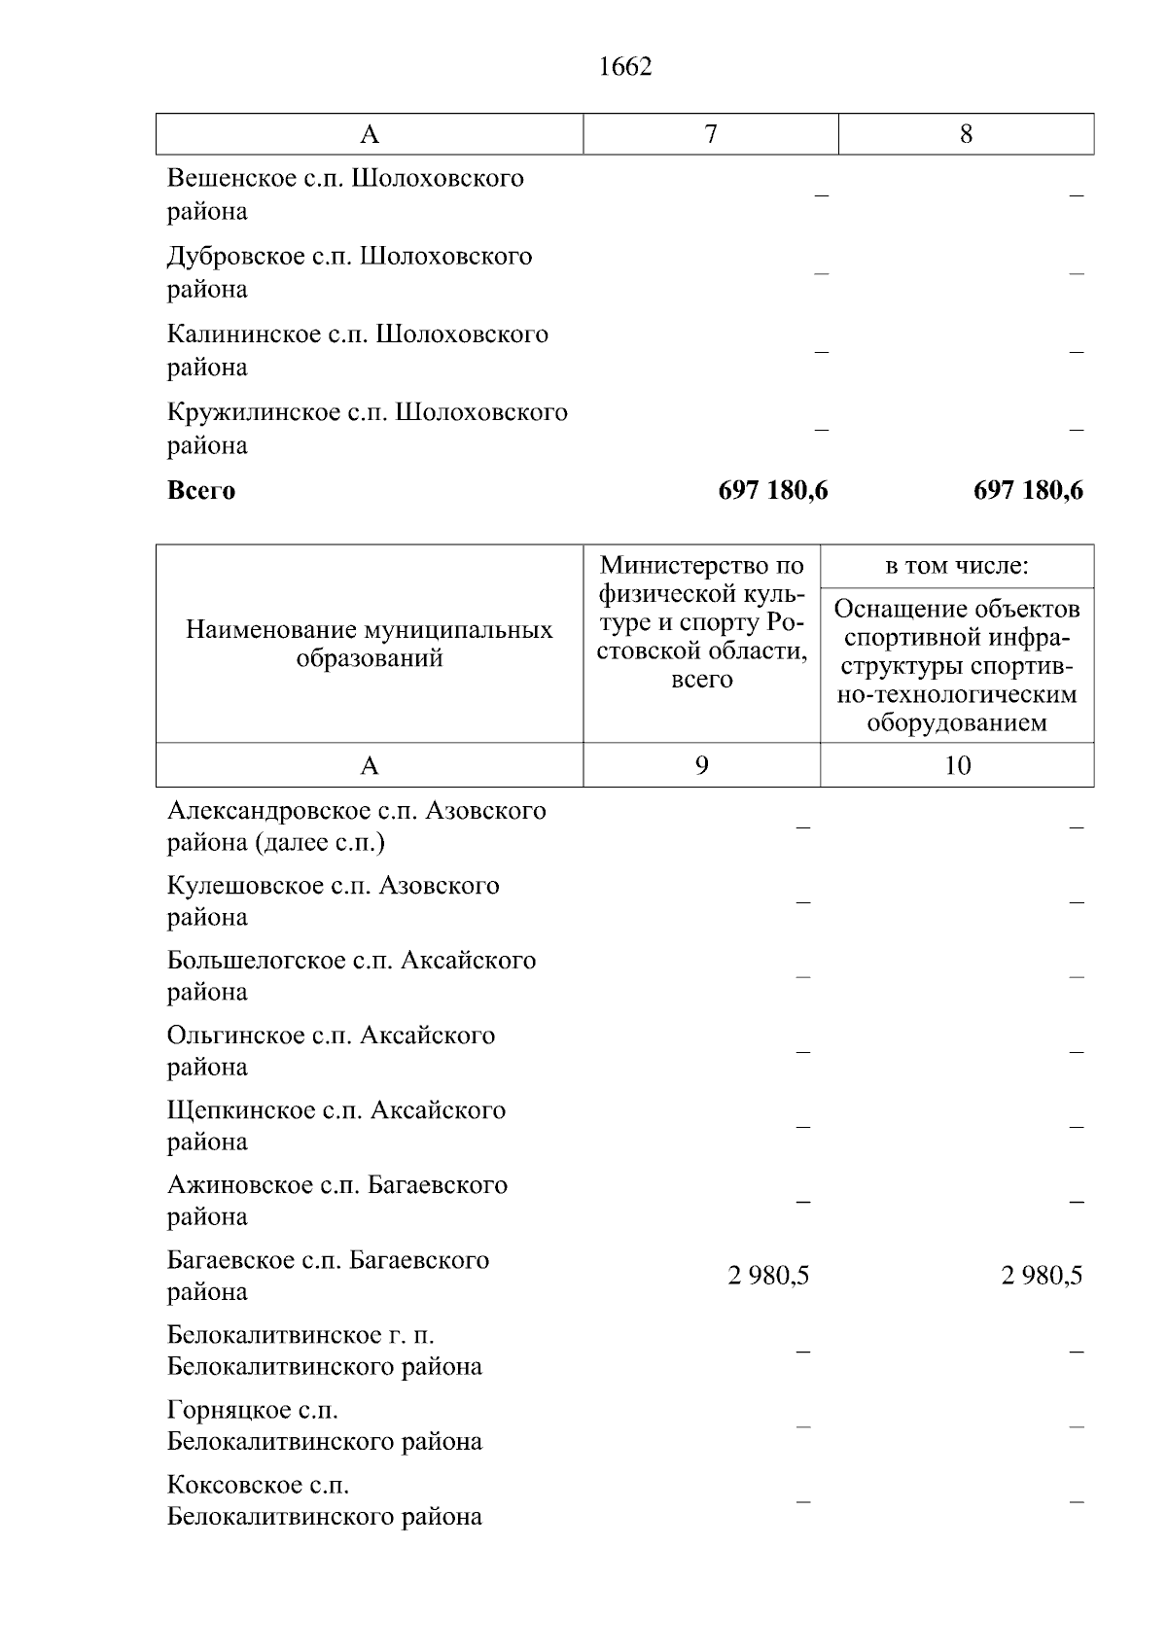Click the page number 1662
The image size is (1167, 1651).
click(625, 67)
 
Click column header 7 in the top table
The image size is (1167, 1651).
click(711, 134)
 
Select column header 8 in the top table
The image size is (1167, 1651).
click(966, 134)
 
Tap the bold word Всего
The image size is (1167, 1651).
click(201, 490)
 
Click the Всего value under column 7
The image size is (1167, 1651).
click(773, 490)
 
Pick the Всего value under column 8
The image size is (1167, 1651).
click(1028, 490)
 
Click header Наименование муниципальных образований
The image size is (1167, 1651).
click(370, 644)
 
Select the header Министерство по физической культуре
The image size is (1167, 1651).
click(701, 622)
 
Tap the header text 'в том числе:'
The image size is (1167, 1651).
click(957, 566)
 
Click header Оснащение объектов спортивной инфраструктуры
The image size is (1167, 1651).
click(957, 665)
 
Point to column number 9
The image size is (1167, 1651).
click(701, 765)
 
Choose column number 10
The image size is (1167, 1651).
click(957, 765)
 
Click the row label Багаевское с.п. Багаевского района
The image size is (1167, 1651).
click(328, 1276)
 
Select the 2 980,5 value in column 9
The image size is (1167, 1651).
click(768, 1276)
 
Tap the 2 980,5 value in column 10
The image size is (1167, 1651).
click(1042, 1276)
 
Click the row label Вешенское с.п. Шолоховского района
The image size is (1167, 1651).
click(345, 193)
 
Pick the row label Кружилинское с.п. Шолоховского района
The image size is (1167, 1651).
click(367, 428)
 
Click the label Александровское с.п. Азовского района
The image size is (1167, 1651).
click(356, 825)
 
